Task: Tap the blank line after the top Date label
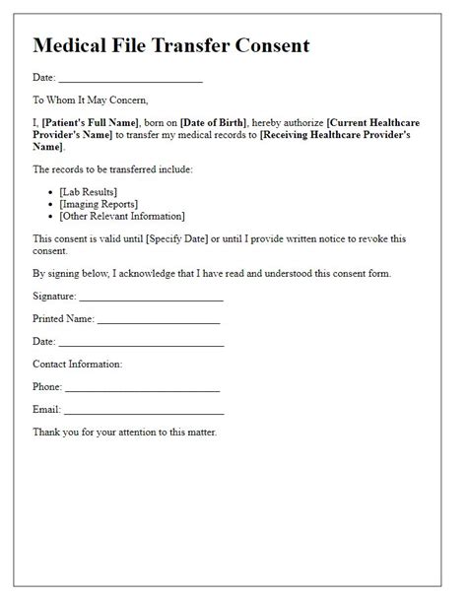pyautogui.click(x=130, y=79)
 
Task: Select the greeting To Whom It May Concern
pyautogui.click(x=90, y=100)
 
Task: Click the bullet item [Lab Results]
pyautogui.click(x=88, y=191)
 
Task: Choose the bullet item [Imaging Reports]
pyautogui.click(x=99, y=203)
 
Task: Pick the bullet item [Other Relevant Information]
pyautogui.click(x=122, y=215)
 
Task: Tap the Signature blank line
pyautogui.click(x=151, y=298)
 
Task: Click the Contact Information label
pyautogui.click(x=78, y=365)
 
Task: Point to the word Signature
pyautogui.click(x=53, y=295)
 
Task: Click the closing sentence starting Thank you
pyautogui.click(x=124, y=433)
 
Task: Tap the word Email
pyautogui.click(x=46, y=410)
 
